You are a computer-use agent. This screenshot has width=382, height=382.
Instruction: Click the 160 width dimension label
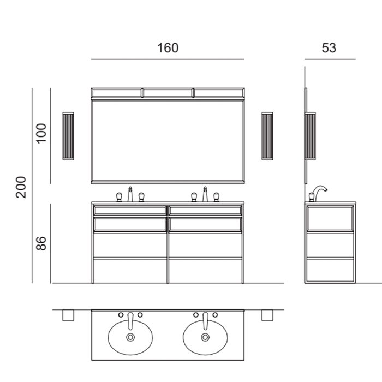click(168, 48)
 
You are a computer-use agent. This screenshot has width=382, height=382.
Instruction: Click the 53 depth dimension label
click(329, 48)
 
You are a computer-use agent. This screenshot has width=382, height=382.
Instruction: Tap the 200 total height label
click(21, 187)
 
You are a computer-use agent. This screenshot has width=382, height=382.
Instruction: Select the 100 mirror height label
click(41, 134)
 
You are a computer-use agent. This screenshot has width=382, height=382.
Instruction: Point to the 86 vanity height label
click(41, 243)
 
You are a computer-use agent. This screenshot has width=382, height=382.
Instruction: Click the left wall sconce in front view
click(68, 136)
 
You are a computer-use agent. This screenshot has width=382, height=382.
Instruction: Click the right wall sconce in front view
click(267, 136)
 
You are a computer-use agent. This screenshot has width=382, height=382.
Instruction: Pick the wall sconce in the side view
click(310, 136)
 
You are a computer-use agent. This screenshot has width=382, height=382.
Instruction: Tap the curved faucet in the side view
click(320, 193)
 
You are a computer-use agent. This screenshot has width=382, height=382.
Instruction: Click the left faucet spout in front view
click(130, 194)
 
